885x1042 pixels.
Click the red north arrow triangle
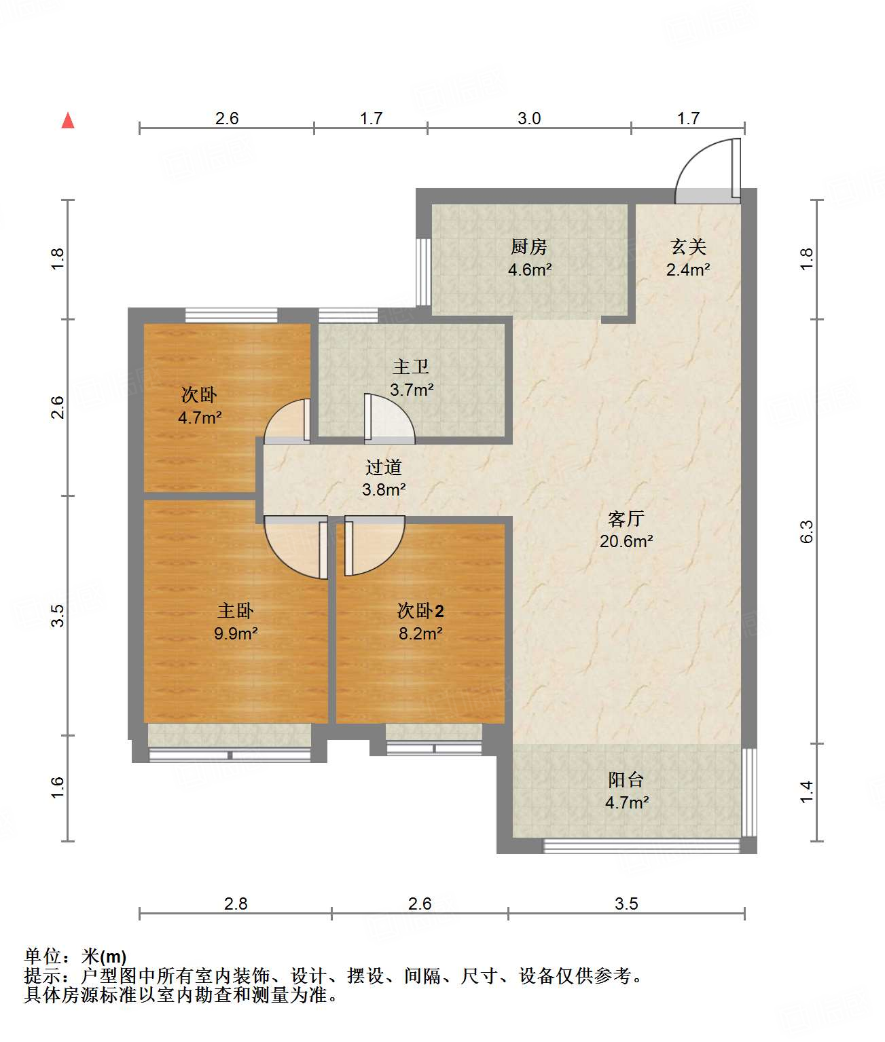[x=68, y=121]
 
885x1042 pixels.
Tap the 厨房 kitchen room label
[x=529, y=246]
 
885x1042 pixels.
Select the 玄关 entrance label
[x=688, y=246]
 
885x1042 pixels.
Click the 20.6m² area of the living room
[x=626, y=541]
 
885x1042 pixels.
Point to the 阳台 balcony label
[x=626, y=780]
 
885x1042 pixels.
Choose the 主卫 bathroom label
[x=411, y=367]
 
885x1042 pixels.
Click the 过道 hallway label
[x=384, y=467]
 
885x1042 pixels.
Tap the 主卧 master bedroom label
[x=236, y=610]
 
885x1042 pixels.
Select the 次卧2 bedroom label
[x=420, y=610]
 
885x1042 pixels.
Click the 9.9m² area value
[x=236, y=633]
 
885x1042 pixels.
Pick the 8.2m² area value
[x=420, y=633]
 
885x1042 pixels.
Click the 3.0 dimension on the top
[x=529, y=119]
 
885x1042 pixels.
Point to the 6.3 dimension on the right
[x=807, y=532]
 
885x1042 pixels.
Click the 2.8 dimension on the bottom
[x=236, y=904]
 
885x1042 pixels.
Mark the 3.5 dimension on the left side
[x=58, y=616]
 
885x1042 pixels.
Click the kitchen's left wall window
[x=423, y=272]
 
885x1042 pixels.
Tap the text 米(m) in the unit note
[x=105, y=956]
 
